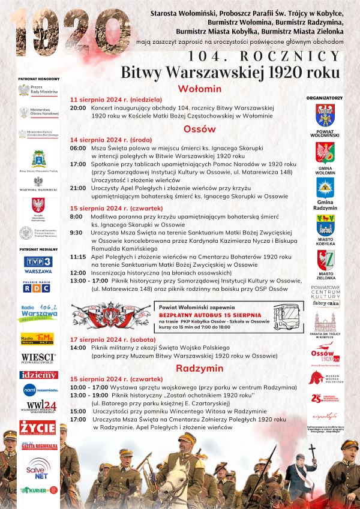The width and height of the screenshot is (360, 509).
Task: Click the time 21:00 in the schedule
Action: (78, 188)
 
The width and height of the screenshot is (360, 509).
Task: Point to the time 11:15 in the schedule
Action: (78, 256)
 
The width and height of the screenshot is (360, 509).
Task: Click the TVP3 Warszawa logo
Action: (38, 263)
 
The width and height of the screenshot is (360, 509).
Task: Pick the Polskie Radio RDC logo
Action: (37, 287)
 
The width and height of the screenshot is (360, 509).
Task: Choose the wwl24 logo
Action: (38, 407)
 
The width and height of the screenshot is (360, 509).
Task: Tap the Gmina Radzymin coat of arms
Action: (325, 188)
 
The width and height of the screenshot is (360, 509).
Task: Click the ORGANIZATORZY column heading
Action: (324, 97)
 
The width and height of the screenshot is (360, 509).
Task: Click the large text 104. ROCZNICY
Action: (264, 56)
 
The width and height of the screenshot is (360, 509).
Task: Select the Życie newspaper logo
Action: (37, 427)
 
